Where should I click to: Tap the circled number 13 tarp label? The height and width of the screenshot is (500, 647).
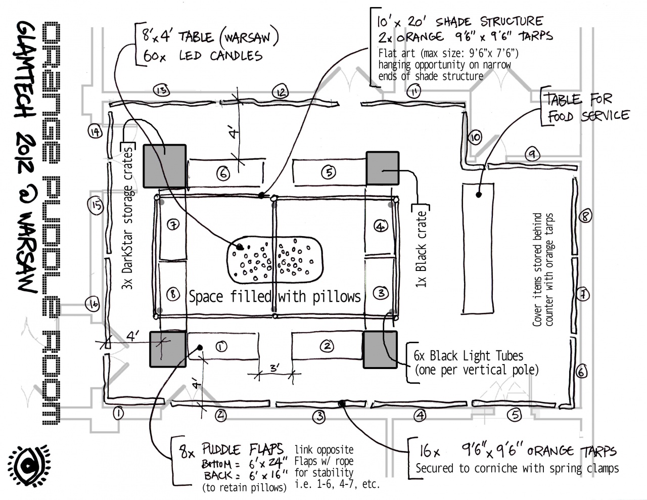[x=161, y=90]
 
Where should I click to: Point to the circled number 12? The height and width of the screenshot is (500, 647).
[x=280, y=92]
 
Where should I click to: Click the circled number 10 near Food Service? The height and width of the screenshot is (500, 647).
[x=475, y=137]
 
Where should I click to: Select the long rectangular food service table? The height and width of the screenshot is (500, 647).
[x=478, y=248]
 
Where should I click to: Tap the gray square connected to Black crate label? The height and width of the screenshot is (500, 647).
[x=383, y=168]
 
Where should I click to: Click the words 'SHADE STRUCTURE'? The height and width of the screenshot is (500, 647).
[x=489, y=22]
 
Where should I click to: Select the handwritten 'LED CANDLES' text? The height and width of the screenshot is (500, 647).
[x=220, y=55]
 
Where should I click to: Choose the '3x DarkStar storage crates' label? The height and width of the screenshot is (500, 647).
[x=129, y=217]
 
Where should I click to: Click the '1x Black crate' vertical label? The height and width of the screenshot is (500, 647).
[x=421, y=248]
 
